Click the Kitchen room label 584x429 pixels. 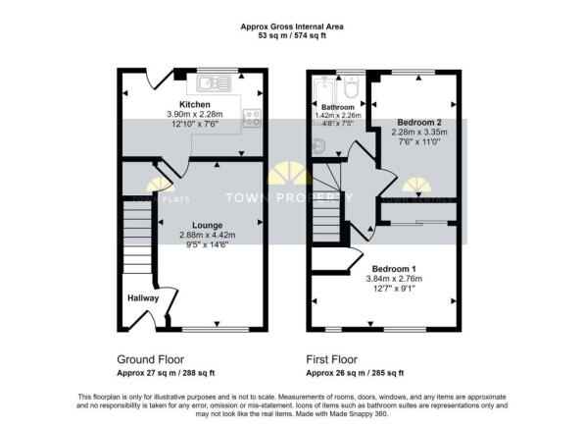194,104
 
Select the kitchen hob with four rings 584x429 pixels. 252,115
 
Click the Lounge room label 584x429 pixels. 207,225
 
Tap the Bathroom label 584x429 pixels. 338,106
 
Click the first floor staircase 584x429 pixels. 330,216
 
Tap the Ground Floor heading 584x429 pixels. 150,359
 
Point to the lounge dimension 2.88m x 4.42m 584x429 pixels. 207,236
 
